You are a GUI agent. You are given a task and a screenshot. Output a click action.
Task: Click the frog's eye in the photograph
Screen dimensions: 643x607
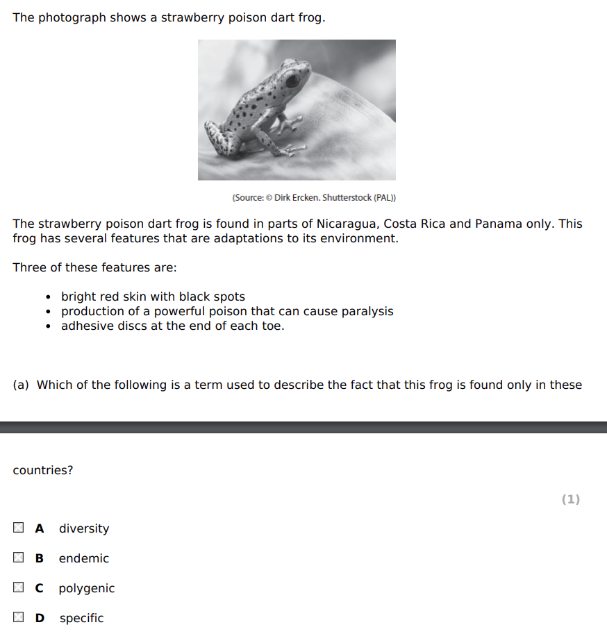292,81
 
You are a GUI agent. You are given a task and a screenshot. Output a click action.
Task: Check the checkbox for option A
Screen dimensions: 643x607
18,528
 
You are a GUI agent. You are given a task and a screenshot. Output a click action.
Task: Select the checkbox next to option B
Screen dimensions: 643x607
18,558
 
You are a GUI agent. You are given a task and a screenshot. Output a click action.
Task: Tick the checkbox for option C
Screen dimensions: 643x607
18,588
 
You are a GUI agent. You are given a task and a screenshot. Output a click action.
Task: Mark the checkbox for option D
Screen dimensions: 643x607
18,617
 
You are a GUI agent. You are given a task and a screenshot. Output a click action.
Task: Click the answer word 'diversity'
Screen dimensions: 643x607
84,528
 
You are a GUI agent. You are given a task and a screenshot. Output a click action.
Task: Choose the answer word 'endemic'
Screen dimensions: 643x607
83,558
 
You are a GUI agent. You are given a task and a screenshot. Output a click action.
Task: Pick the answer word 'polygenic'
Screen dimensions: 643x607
87,588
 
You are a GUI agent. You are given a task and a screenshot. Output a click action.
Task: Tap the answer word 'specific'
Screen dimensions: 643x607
81,618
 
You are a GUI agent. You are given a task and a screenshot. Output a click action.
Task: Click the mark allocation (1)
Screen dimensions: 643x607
570,499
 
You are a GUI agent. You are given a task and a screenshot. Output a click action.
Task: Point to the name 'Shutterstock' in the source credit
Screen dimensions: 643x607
347,198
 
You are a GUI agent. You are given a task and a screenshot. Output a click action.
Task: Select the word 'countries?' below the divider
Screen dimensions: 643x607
43,470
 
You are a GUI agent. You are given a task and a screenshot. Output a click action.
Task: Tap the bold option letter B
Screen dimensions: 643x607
40,558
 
